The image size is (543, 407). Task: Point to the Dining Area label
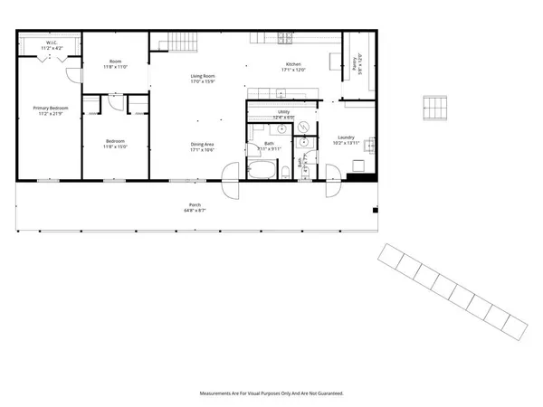tap(201, 147)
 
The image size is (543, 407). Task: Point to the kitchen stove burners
tap(286, 38)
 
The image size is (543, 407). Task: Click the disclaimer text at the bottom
tap(271, 393)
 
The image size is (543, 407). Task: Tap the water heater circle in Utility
tap(305, 127)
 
